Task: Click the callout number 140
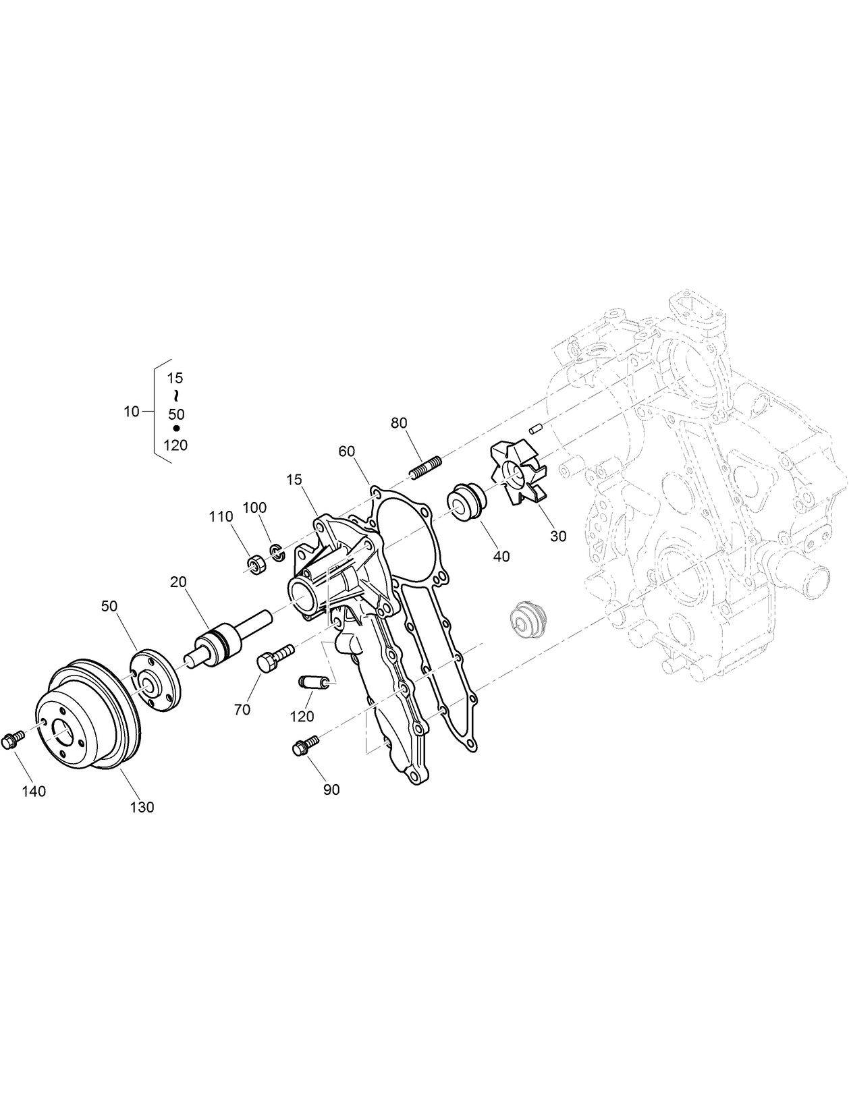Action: [34, 791]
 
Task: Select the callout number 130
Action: [142, 806]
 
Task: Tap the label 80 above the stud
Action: [399, 423]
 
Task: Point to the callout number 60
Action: [347, 451]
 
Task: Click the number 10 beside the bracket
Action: [132, 411]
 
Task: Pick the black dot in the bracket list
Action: [176, 428]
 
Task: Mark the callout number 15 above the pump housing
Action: [294, 480]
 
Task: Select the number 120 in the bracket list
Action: [175, 445]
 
